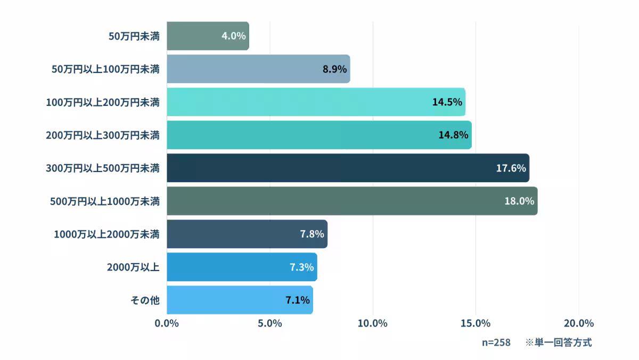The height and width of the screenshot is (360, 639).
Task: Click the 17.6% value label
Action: point(511,168)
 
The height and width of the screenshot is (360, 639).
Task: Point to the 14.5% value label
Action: point(447,102)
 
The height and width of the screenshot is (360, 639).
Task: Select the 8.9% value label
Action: point(334,69)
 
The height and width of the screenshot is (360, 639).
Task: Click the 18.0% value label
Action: point(519,201)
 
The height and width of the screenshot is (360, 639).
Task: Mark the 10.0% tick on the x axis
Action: point(373,323)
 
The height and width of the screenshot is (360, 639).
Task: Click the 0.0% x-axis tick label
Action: point(167,323)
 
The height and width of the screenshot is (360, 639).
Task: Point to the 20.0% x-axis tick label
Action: point(578,323)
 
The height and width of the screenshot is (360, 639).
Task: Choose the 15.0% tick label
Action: point(476,323)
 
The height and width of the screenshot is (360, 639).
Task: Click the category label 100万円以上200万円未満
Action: point(103,102)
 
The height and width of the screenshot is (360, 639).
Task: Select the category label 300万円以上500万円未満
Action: point(103,168)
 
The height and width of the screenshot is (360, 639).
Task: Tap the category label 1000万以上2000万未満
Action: point(106,234)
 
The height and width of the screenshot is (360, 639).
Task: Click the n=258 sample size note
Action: point(496,342)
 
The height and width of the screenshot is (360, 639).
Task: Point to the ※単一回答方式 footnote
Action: point(559,342)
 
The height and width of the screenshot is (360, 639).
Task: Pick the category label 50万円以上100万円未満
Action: point(105,69)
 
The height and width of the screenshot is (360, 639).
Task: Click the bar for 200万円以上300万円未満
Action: point(319,135)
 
